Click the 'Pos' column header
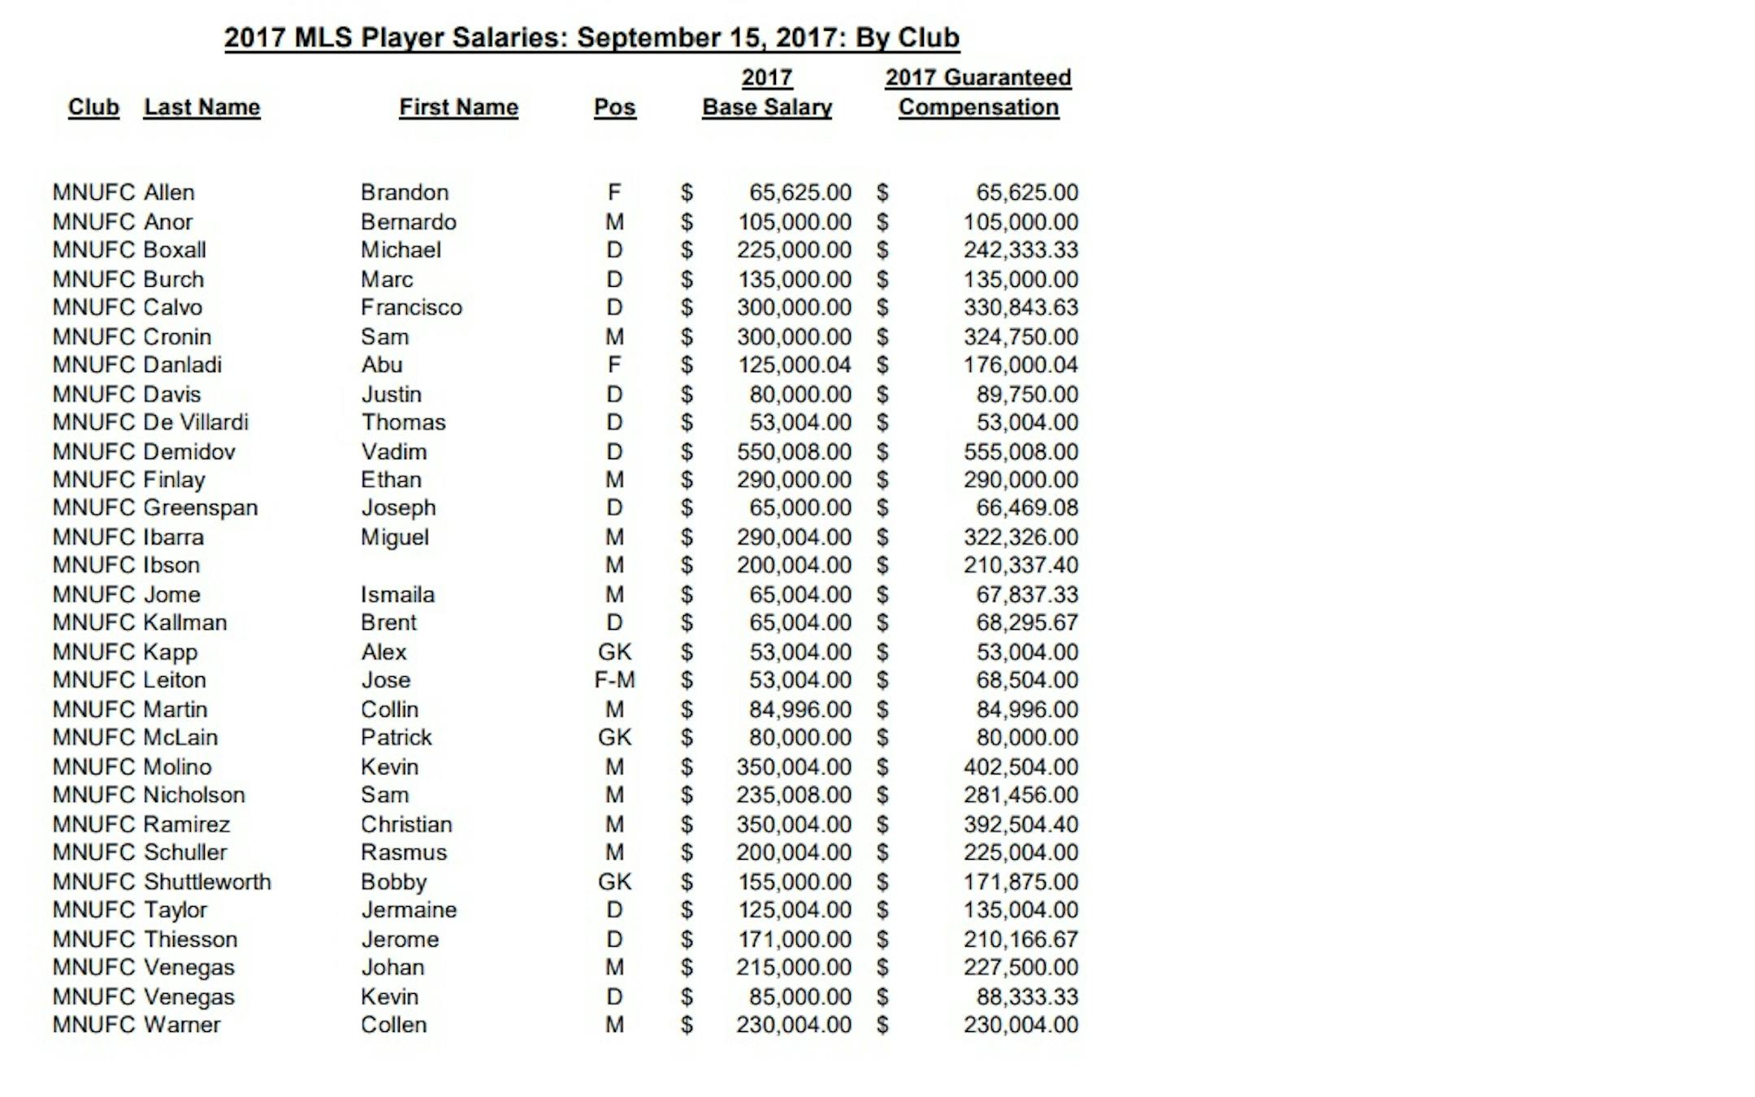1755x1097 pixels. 614,107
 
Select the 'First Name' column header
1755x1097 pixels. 458,107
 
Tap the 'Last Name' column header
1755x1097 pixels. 201,107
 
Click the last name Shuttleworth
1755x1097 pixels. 207,882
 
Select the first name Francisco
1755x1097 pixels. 411,307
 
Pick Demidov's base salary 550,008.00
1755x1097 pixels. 794,451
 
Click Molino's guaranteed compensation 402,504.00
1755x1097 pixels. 1020,766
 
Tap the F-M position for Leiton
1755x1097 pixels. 614,679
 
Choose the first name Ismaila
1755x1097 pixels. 397,594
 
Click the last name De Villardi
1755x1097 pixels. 196,422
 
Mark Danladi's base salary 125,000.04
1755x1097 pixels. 794,364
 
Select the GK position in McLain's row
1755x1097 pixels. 614,737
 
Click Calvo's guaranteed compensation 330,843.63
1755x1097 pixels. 1020,307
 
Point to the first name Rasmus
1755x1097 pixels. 404,852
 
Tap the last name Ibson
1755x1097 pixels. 171,565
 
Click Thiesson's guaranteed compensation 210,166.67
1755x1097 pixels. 1020,939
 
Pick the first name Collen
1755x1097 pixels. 393,1024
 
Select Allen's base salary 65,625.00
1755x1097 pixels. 799,192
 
